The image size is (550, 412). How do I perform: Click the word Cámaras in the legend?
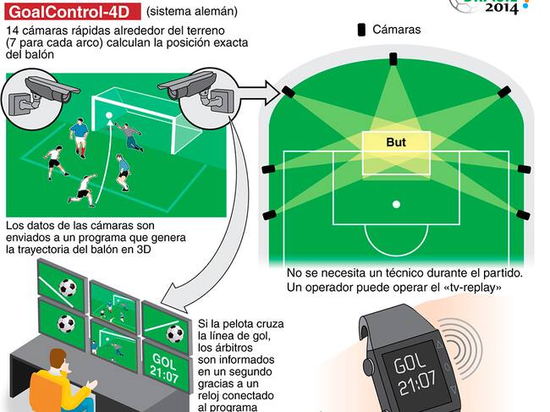397,30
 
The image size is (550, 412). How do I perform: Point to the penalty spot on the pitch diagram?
395,204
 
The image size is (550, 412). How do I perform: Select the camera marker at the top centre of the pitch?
392,58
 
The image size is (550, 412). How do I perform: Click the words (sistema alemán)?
191,13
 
